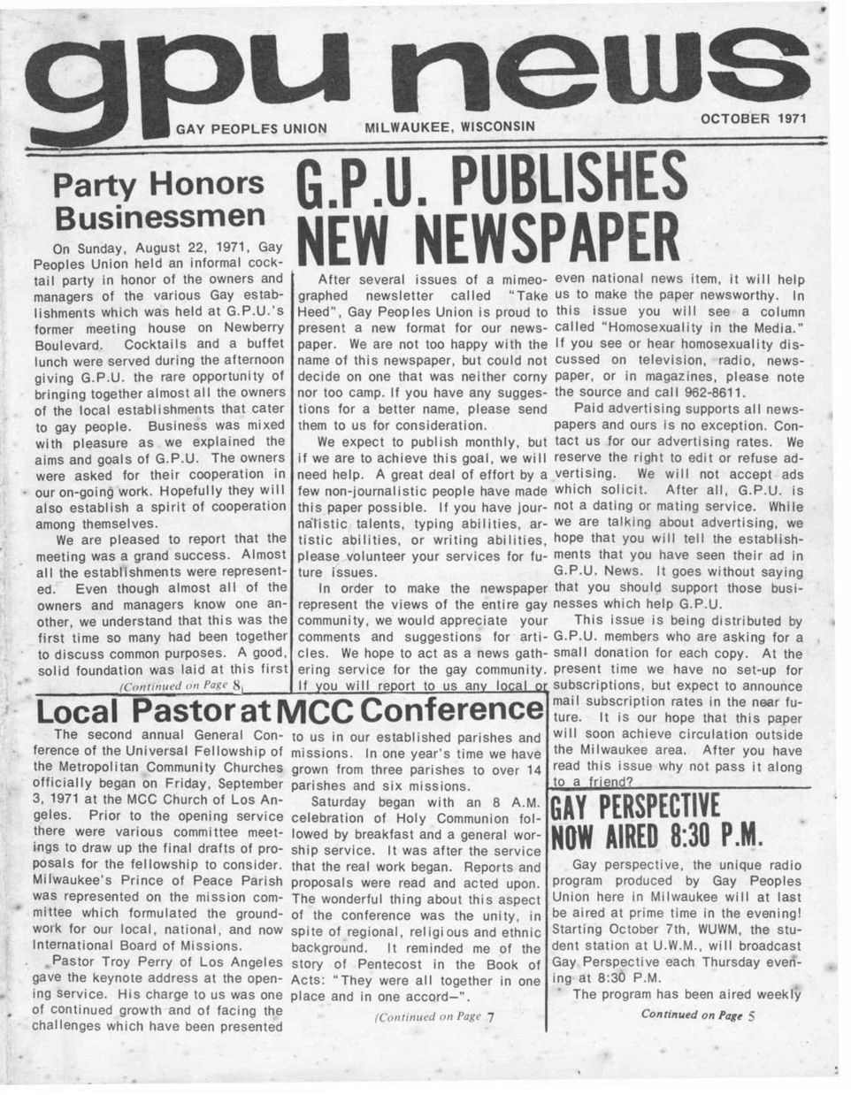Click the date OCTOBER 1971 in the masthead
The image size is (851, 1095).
click(x=754, y=117)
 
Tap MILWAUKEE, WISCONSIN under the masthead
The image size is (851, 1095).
click(x=450, y=125)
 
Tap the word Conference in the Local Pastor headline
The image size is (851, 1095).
click(x=450, y=709)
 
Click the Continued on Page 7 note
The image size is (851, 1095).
click(x=433, y=1016)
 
